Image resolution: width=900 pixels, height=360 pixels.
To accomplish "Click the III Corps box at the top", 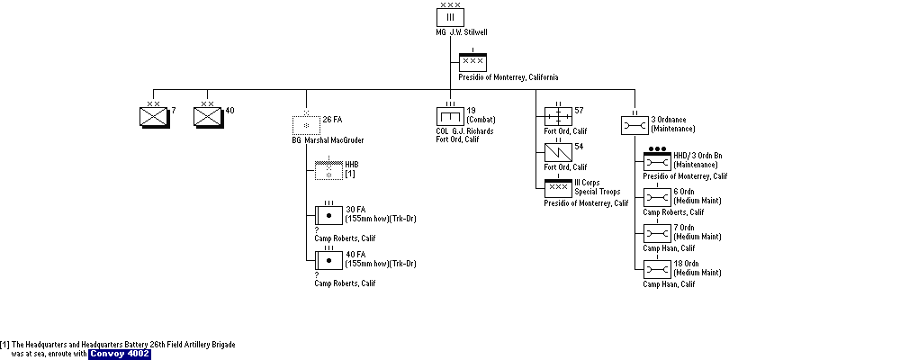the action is (450, 17).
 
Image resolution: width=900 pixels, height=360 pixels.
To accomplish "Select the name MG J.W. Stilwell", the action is (462, 32).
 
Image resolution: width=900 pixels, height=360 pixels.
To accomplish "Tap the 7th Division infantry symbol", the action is (154, 117).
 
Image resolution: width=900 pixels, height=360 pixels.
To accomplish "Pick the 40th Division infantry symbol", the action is (208, 117).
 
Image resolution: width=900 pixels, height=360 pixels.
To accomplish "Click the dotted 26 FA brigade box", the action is (306, 124).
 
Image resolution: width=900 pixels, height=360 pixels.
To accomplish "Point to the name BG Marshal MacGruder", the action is (328, 140).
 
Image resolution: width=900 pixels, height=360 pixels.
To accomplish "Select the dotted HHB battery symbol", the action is (328, 170).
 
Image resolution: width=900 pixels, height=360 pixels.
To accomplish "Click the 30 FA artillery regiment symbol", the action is (328, 215).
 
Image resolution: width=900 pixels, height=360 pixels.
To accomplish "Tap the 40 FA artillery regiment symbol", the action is (328, 260).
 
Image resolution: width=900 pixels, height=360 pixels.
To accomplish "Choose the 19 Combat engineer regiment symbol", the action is (450, 116).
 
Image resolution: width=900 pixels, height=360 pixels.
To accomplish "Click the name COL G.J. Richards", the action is (464, 130).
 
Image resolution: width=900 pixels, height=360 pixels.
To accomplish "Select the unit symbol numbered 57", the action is (559, 116).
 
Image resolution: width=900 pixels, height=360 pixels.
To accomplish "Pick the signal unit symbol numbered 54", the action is (559, 152).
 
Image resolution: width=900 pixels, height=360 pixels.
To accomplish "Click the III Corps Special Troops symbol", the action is (559, 188).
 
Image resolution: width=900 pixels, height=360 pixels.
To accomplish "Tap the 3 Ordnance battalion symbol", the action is (634, 125).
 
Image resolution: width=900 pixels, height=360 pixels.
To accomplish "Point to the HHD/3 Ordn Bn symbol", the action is (657, 161).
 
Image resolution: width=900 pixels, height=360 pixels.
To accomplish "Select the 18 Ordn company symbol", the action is (657, 269).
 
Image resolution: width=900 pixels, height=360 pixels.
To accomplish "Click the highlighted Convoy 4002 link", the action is (120, 354).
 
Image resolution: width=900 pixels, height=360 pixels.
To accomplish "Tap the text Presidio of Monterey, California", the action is (508, 77).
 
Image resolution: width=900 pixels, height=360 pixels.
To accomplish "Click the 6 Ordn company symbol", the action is (657, 197).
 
